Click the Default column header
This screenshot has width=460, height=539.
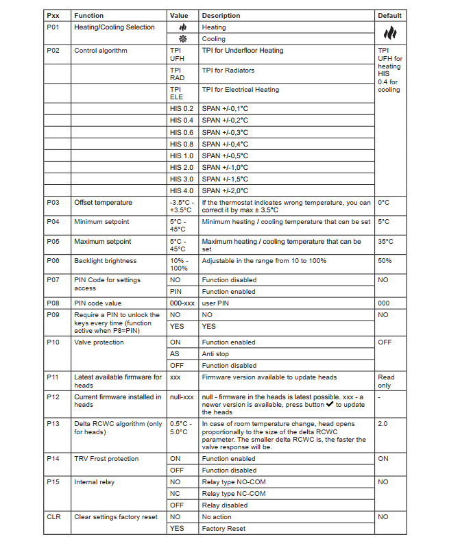[389, 15]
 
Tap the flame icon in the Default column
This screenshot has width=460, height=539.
[389, 33]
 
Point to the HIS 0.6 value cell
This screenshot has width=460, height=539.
[182, 132]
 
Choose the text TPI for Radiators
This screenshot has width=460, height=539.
[228, 71]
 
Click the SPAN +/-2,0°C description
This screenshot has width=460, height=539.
[225, 190]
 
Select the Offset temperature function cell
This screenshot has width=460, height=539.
[104, 203]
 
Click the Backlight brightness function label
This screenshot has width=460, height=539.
[106, 261]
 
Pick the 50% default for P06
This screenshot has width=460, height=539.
[385, 261]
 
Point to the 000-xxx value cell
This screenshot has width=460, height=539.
[182, 303]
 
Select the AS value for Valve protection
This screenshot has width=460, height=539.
[174, 354]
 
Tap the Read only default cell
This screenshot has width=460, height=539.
[386, 381]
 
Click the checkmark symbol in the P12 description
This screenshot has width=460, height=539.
[331, 405]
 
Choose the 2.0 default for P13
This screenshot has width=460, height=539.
[383, 424]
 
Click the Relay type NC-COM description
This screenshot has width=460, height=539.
[234, 494]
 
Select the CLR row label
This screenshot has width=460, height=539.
[53, 517]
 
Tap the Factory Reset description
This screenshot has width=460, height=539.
[223, 529]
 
